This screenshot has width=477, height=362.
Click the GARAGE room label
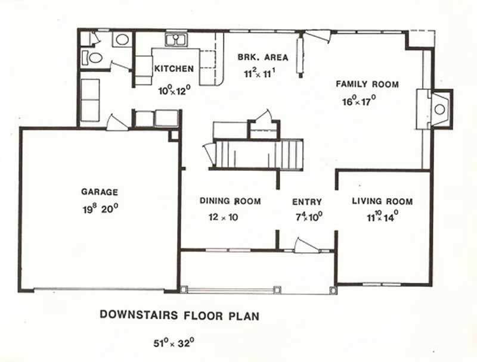point(100,192)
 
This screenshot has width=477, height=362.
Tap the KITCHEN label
point(174,69)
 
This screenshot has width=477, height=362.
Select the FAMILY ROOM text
point(367,84)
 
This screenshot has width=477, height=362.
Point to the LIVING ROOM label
point(382,201)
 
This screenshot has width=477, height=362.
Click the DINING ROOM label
point(230,201)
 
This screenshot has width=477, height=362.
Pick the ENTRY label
point(307,202)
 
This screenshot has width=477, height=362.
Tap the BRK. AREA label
point(263,58)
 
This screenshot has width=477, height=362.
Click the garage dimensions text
point(100,209)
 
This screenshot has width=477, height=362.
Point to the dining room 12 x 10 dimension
point(223,217)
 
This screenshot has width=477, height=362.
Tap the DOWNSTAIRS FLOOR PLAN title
point(179,314)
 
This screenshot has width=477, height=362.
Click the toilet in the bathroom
point(94,58)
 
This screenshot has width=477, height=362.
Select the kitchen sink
point(176,40)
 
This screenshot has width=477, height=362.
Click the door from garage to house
point(116,123)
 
